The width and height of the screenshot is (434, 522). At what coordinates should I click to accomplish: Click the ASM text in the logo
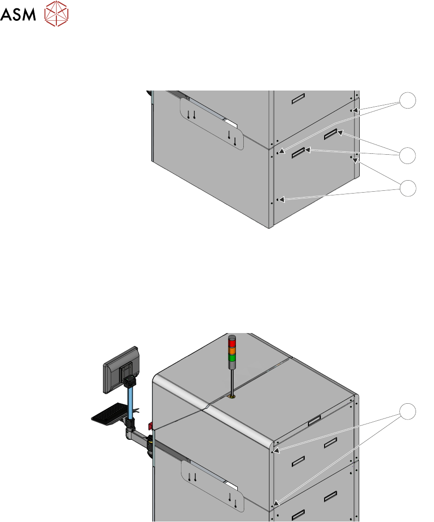pyautogui.click(x=18, y=14)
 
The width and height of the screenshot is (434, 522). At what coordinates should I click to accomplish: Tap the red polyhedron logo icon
pyautogui.click(x=56, y=14)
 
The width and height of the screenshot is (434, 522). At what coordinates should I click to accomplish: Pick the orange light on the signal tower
pyautogui.click(x=232, y=351)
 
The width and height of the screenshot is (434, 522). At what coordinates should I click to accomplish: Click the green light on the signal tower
pyautogui.click(x=232, y=358)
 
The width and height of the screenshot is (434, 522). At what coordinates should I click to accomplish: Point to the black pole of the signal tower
pyautogui.click(x=232, y=379)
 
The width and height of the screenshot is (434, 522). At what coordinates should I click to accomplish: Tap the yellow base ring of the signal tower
pyautogui.click(x=232, y=396)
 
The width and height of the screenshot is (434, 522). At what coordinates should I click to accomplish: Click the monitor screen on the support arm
pyautogui.click(x=121, y=370)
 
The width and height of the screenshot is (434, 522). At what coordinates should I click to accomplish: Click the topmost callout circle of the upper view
pyautogui.click(x=407, y=100)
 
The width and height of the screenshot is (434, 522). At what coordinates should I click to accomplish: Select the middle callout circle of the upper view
pyautogui.click(x=407, y=155)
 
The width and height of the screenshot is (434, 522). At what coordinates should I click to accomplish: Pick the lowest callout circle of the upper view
pyautogui.click(x=407, y=188)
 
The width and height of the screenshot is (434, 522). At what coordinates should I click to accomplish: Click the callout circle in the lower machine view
pyautogui.click(x=407, y=412)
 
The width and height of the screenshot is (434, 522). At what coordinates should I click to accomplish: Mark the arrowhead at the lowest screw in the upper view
pyautogui.click(x=282, y=200)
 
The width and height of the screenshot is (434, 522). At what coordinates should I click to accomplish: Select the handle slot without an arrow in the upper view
pyautogui.click(x=298, y=99)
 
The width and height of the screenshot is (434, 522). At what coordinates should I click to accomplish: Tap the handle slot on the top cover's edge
pyautogui.click(x=314, y=421)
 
